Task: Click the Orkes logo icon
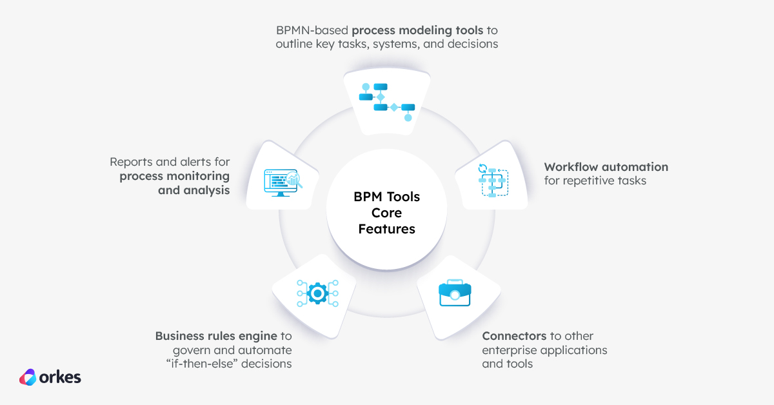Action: click(28, 377)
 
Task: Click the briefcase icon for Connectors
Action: click(455, 294)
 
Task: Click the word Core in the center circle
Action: click(386, 213)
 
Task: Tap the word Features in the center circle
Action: click(386, 229)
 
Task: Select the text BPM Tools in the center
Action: click(386, 197)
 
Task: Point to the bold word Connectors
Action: click(514, 336)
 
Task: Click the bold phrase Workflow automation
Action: click(606, 167)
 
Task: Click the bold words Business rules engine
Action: click(216, 336)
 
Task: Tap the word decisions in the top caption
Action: click(474, 44)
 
